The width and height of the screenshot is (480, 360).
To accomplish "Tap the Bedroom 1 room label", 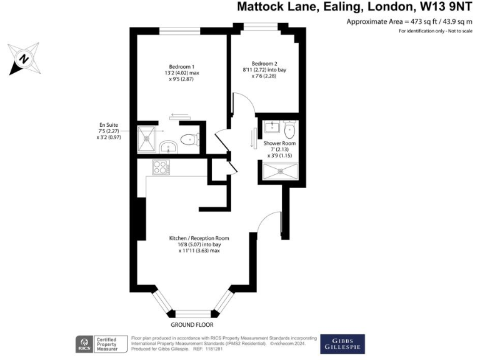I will click(182, 67).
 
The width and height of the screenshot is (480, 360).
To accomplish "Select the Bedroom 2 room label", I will click(264, 63).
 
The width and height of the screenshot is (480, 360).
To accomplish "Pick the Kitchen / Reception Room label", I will click(199, 238).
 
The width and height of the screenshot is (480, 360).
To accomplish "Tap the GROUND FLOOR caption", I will click(192, 326).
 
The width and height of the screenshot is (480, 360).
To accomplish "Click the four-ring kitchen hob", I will click(161, 167).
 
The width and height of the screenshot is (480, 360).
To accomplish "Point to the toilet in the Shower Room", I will click(289, 131).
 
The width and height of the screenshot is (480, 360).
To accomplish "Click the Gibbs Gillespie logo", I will click(341, 342).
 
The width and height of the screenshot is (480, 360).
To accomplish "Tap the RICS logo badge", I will click(83, 342).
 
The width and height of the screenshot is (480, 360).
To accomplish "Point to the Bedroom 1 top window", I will click(179, 29).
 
